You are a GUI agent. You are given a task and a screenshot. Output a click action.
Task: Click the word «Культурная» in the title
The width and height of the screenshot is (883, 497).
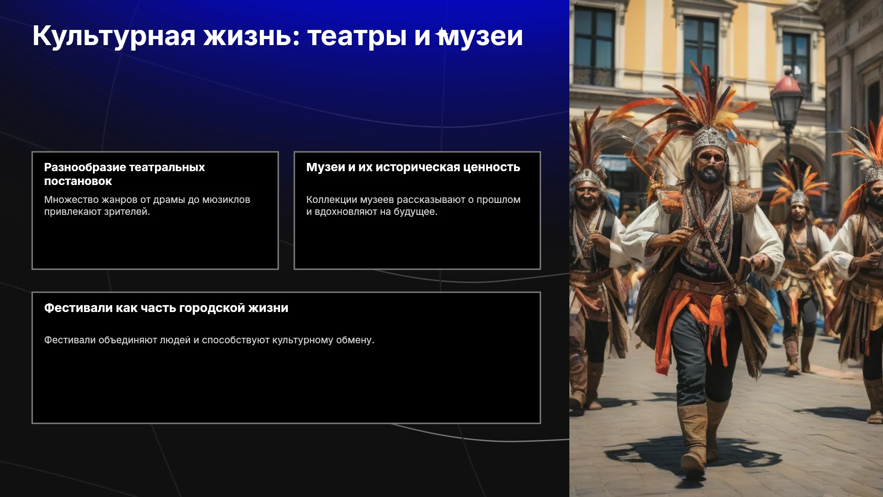click(x=114, y=36)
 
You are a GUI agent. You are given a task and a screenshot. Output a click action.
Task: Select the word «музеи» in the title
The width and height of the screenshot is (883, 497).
click(x=481, y=36)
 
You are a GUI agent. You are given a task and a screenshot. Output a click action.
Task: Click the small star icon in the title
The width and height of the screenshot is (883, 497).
click(x=442, y=33)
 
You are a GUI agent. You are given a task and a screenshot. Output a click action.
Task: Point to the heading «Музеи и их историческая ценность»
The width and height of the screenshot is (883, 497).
click(x=413, y=167)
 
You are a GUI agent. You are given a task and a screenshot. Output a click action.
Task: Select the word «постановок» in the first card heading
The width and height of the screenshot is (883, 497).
click(x=78, y=181)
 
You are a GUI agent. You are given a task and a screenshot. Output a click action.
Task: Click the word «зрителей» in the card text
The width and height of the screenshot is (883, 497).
click(x=126, y=212)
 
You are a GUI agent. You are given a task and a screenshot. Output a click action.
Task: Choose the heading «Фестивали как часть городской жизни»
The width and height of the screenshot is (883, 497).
click(x=166, y=308)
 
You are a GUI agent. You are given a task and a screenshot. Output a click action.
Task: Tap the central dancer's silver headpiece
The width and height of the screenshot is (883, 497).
click(x=709, y=138)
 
